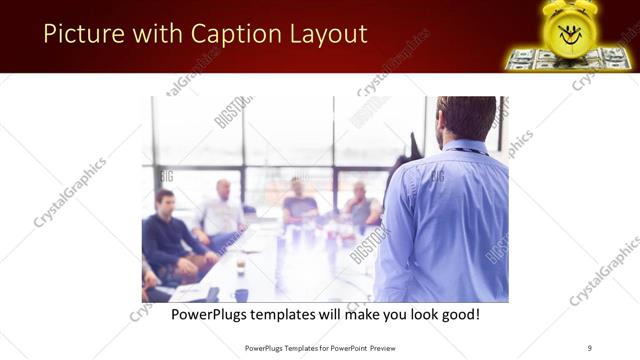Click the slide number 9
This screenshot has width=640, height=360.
(589, 347)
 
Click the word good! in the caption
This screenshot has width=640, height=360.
(458, 314)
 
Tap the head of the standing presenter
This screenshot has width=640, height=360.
(466, 118)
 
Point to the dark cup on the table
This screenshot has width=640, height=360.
(241, 294)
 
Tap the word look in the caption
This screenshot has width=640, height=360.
(412, 314)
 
